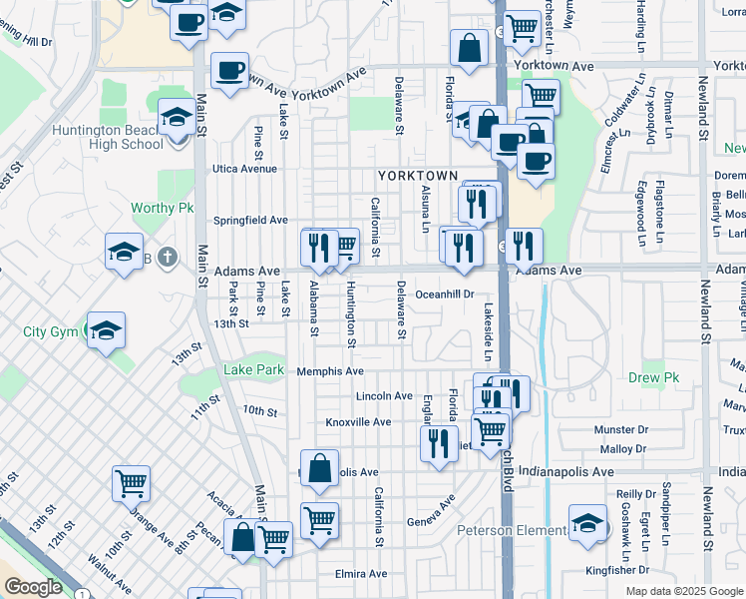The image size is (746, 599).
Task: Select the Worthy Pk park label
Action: (162, 209)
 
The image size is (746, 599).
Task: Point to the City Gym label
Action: (51, 331)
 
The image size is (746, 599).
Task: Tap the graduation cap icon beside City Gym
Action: (106, 331)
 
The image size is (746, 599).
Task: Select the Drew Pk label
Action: (654, 378)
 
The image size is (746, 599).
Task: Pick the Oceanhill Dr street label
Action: (444, 295)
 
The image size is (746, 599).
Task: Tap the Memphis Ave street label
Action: (330, 371)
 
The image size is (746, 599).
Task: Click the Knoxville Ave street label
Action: (358, 422)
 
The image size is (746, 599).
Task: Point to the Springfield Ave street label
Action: (251, 220)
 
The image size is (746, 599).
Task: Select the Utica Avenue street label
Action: (242, 169)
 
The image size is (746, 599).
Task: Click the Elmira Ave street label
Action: (361, 574)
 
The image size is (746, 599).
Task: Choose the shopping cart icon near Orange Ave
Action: (132, 484)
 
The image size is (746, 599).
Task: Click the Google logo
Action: (34, 587)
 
